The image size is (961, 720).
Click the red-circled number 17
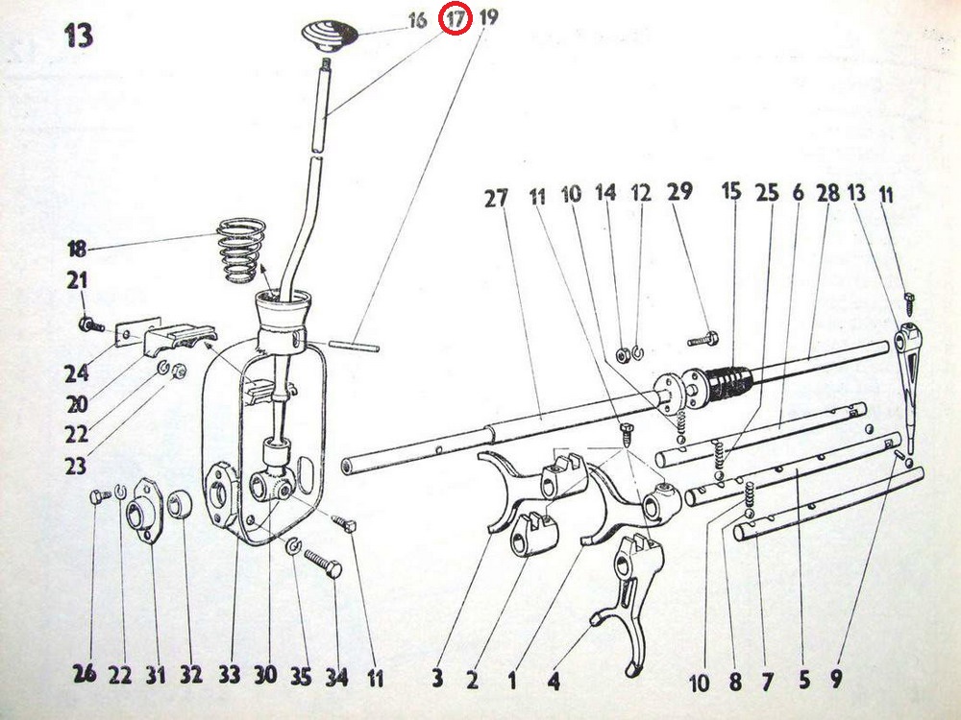pyautogui.click(x=456, y=18)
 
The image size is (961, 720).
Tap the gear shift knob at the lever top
pyautogui.click(x=330, y=36)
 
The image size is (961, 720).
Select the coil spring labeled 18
pyautogui.click(x=241, y=251)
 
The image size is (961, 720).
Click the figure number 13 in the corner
pyautogui.click(x=79, y=36)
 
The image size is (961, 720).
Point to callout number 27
pyautogui.click(x=496, y=198)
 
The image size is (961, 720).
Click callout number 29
pyautogui.click(x=679, y=192)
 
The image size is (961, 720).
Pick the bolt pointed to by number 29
pyautogui.click(x=703, y=339)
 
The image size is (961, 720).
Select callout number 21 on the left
pyautogui.click(x=77, y=281)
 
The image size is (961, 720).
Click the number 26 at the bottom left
pyautogui.click(x=86, y=674)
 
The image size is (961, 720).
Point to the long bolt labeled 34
pyautogui.click(x=322, y=564)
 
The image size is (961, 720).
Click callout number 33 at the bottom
pyautogui.click(x=230, y=675)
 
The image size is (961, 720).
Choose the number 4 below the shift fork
pyautogui.click(x=554, y=680)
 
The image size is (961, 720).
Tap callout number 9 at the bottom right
pyautogui.click(x=837, y=678)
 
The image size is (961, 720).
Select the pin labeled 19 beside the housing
pyautogui.click(x=355, y=346)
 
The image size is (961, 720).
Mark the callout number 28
pyautogui.click(x=828, y=194)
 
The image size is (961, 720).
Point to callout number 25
pyautogui.click(x=767, y=193)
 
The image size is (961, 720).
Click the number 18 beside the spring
pyautogui.click(x=77, y=250)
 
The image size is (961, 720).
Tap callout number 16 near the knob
pyautogui.click(x=417, y=20)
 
